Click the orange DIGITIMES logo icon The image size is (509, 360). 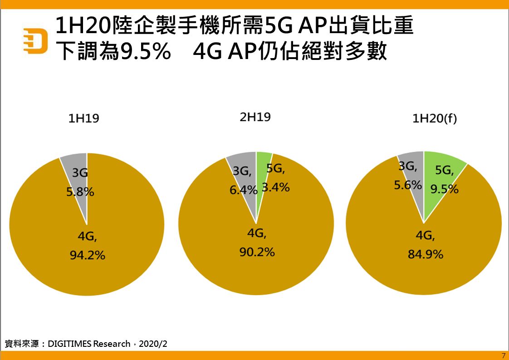point(35,41)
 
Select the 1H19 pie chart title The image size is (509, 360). point(83,118)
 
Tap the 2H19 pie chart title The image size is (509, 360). point(255,117)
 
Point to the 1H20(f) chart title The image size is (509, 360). point(434,118)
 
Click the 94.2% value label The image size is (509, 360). point(87,256)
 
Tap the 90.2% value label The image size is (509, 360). point(257,252)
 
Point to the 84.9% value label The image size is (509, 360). point(425,254)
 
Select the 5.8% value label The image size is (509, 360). point(80,192)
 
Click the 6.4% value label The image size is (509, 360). point(244,190)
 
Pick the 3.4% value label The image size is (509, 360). point(276,187)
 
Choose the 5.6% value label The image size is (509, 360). point(408,185)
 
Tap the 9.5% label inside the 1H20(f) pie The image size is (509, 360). point(445,189)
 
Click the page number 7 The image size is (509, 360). point(504,355)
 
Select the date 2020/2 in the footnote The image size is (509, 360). point(153,344)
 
